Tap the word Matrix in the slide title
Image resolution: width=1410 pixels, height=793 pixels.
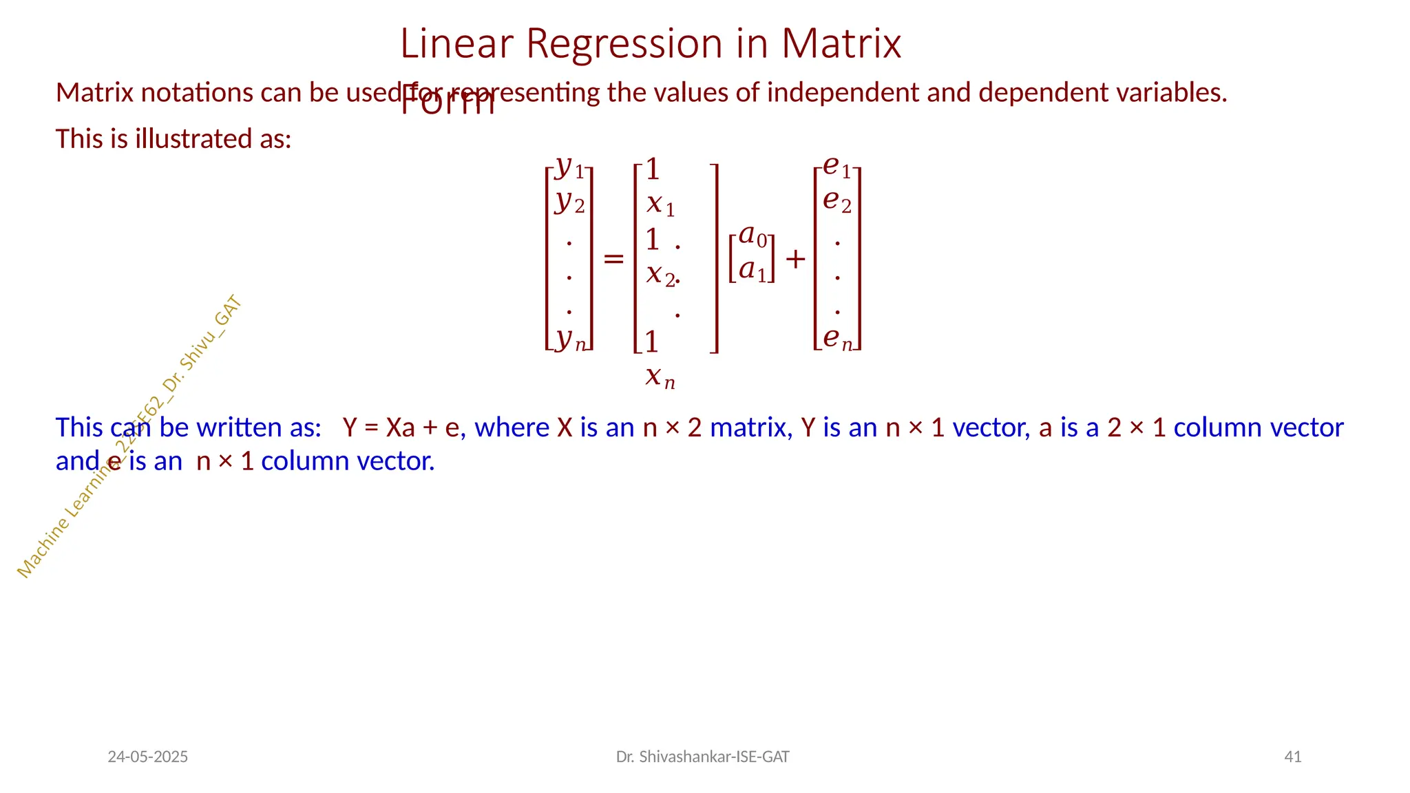coord(841,44)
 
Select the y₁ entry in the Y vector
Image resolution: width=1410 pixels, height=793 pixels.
coord(569,167)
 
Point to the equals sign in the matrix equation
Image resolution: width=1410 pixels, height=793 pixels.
coord(613,259)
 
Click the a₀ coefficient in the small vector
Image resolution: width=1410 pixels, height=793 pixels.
coord(752,236)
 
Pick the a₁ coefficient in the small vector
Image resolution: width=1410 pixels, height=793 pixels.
coord(752,271)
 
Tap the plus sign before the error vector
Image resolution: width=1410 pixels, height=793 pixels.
coord(795,260)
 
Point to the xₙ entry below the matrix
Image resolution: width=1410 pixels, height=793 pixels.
coord(660,377)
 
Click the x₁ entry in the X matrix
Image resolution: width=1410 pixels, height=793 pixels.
coord(660,204)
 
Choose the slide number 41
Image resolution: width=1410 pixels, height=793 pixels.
coord(1293,757)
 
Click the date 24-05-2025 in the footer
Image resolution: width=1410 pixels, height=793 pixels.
coord(148,757)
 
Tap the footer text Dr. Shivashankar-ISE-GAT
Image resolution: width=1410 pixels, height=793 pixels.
coord(702,757)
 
